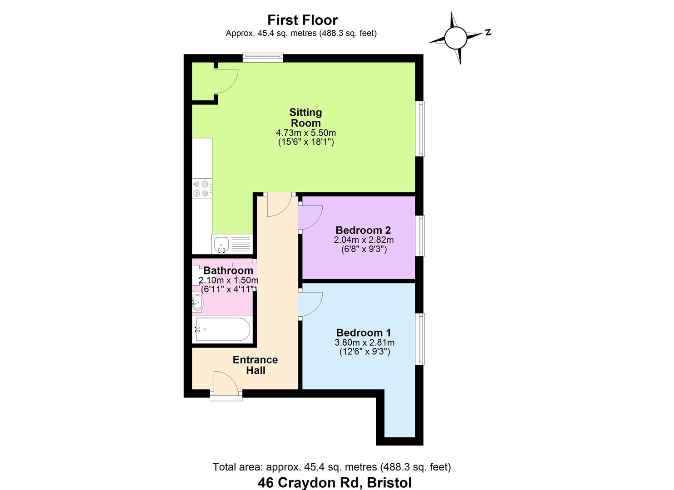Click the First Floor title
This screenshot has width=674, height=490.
pyautogui.click(x=302, y=20)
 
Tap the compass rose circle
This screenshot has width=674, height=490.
pyautogui.click(x=456, y=38)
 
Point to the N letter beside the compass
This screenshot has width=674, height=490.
pyautogui.click(x=488, y=32)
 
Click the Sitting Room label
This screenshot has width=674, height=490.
pyautogui.click(x=305, y=118)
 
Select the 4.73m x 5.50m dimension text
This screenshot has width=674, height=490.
pyautogui.click(x=305, y=133)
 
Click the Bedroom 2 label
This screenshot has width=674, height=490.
pyautogui.click(x=363, y=230)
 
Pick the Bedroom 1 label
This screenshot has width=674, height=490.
pyautogui.click(x=364, y=333)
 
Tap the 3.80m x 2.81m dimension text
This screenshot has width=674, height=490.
pyautogui.click(x=364, y=343)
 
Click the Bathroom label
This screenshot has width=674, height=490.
pyautogui.click(x=228, y=270)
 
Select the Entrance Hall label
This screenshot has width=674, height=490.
pyautogui.click(x=255, y=365)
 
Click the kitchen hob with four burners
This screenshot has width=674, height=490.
pyautogui.click(x=201, y=189)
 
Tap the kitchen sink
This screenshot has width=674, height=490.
pyautogui.click(x=222, y=244)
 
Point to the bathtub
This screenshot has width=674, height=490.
pyautogui.click(x=222, y=329)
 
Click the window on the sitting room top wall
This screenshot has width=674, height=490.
pyautogui.click(x=263, y=58)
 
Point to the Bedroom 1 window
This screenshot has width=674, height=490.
pyautogui.click(x=421, y=338)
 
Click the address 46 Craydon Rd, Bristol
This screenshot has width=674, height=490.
pyautogui.click(x=335, y=482)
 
